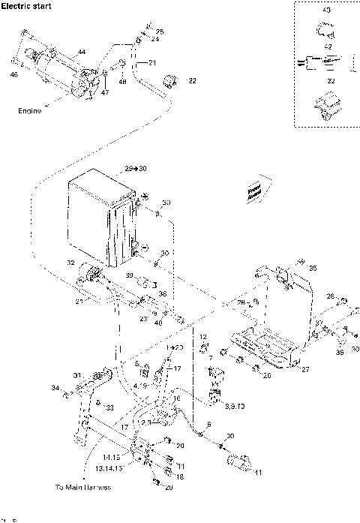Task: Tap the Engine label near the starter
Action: coord(29,110)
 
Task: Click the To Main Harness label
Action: coord(82,487)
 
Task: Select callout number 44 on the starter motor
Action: coord(81,51)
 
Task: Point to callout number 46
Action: coord(14,74)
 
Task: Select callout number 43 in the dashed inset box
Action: coord(325,11)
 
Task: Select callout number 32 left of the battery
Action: coord(70,263)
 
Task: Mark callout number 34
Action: coord(54,388)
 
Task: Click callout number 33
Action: coord(109,408)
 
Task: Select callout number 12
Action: coord(202,337)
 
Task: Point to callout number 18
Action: coord(180,476)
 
